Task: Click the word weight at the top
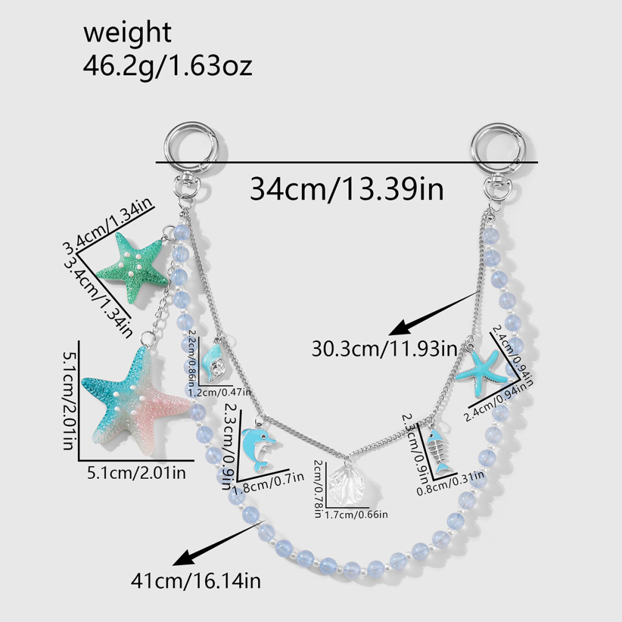(128, 33)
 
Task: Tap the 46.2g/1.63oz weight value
(167, 65)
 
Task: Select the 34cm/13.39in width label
(346, 189)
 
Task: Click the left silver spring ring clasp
(190, 149)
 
